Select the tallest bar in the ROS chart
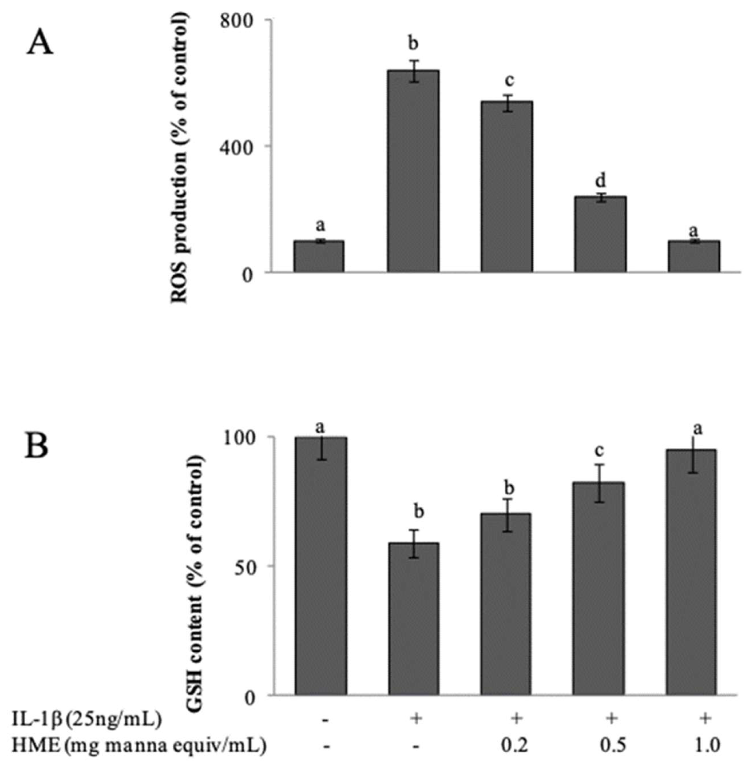(x=413, y=170)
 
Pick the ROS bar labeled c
(x=506, y=186)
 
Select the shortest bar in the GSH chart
(x=414, y=618)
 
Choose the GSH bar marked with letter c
(x=598, y=589)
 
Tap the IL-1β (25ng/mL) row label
(x=86, y=719)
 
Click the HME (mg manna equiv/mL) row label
(x=138, y=745)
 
